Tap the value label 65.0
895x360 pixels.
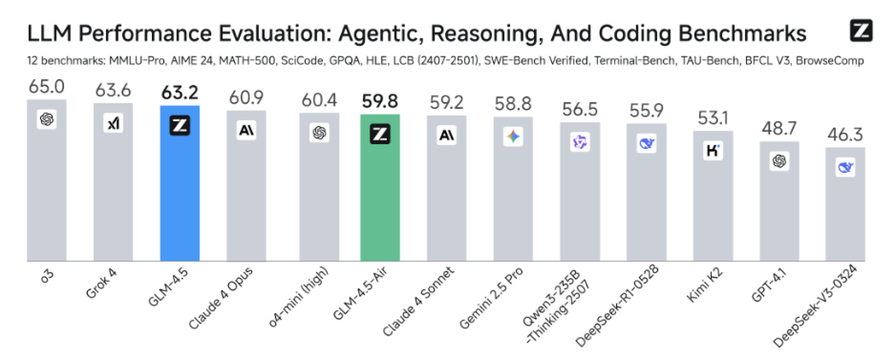(47, 86)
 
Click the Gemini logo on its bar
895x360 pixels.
(513, 137)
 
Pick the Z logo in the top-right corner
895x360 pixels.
(861, 30)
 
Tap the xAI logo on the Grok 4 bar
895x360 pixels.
(113, 124)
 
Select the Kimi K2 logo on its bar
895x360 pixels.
(712, 151)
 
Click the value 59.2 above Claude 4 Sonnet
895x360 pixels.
(446, 103)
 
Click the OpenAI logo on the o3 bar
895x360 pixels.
(47, 119)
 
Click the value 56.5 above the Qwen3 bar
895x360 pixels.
(580, 109)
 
